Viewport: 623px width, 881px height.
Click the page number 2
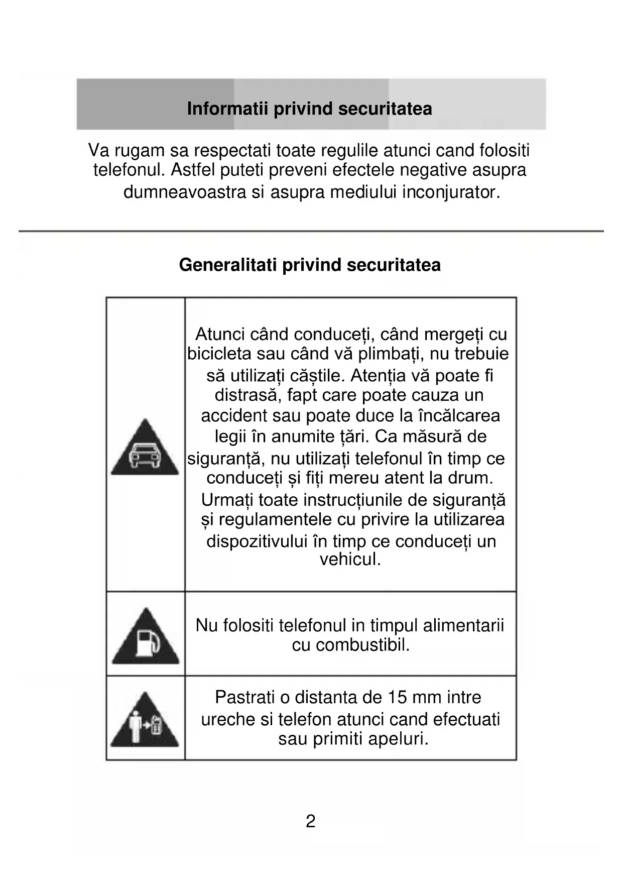point(311,821)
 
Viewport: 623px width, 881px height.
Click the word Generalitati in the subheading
point(228,265)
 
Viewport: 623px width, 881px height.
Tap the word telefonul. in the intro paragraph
point(130,170)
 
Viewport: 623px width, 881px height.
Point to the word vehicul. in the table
point(350,559)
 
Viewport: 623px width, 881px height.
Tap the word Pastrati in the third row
point(245,697)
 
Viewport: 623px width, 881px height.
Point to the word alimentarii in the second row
point(463,625)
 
